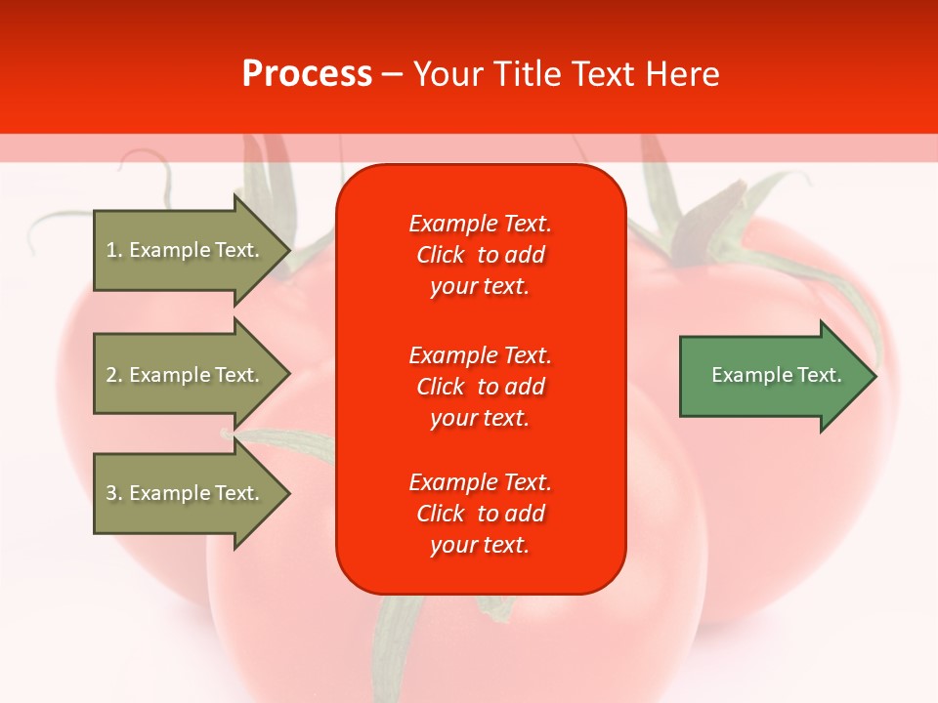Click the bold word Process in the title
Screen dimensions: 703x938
click(x=307, y=74)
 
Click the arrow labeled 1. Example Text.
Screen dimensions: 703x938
click(x=186, y=250)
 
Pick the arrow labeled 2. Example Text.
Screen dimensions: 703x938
click(x=186, y=375)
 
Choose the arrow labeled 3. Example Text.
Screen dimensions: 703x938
click(x=186, y=493)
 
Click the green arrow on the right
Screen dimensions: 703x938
click(x=772, y=376)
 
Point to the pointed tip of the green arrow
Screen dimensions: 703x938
click(x=874, y=376)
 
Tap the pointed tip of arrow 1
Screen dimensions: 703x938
click(x=288, y=250)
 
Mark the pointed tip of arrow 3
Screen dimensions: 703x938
click(x=288, y=493)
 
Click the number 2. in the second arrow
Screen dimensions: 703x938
click(x=114, y=375)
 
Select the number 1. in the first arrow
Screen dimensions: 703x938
click(x=114, y=250)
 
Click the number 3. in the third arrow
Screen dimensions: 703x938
click(x=114, y=493)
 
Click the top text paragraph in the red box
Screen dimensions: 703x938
click(x=480, y=255)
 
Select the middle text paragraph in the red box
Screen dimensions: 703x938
click(x=480, y=387)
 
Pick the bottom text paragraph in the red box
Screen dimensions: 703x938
click(x=480, y=514)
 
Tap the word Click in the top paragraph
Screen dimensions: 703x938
click(x=441, y=256)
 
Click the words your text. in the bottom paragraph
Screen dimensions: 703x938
click(x=480, y=546)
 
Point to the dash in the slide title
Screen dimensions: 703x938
click(x=392, y=75)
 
